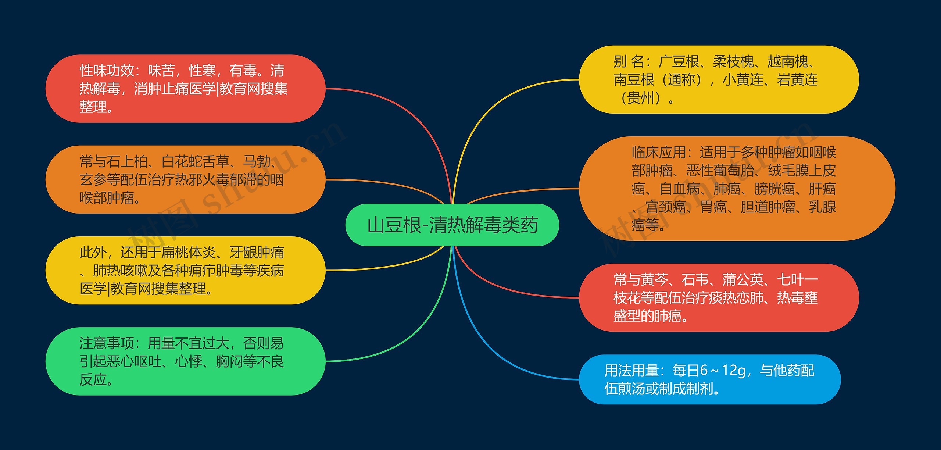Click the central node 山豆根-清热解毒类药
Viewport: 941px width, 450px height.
[x=452, y=225]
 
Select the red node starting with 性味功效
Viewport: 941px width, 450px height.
[x=186, y=89]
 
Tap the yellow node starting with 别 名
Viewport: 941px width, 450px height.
[x=719, y=79]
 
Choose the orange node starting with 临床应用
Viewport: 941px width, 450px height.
[x=737, y=189]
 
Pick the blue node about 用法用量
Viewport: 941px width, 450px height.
[x=710, y=379]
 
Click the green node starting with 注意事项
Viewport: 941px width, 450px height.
[x=186, y=361]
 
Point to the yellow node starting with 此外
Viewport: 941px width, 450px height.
[x=186, y=270]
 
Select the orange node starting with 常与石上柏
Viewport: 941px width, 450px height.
[x=186, y=179]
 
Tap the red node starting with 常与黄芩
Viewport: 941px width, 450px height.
[x=719, y=297]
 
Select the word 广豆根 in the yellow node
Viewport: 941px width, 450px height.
[x=679, y=61]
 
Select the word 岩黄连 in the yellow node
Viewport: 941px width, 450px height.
[x=798, y=79]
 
